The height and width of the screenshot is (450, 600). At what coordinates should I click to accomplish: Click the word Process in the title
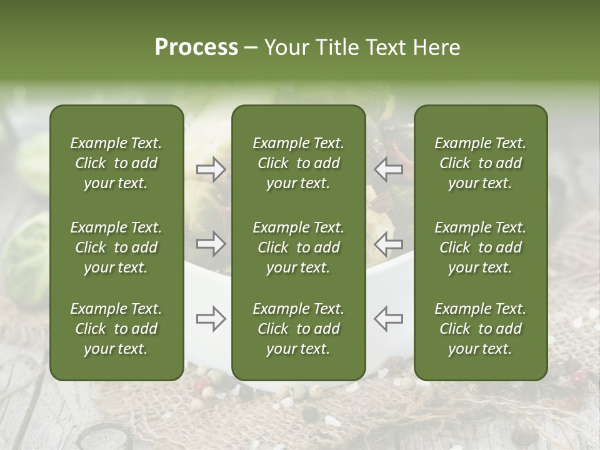pos(196,47)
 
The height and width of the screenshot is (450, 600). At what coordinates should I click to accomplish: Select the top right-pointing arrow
pos(211,169)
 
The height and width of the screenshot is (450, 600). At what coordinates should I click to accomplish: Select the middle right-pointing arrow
pos(211,244)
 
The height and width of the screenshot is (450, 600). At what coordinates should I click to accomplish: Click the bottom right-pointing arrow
pos(211,319)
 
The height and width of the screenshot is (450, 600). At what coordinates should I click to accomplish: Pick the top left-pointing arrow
pos(388,169)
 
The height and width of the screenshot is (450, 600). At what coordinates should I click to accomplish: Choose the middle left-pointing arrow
pos(388,244)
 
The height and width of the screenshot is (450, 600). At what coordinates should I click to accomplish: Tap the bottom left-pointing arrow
pos(388,319)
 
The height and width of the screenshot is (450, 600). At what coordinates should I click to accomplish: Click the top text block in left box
pos(116,163)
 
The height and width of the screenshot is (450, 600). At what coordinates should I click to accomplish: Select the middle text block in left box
pos(116,247)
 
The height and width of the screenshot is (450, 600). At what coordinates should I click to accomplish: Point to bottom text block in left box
pos(116,329)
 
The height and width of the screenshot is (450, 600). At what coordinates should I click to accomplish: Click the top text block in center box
pos(298,163)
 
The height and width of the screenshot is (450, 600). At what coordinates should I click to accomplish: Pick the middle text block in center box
pos(298,247)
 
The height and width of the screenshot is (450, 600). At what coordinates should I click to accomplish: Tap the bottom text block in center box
pos(298,329)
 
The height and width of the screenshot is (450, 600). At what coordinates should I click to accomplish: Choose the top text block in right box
pos(480,163)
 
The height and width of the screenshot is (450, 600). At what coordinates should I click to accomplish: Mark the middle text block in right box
pos(480,247)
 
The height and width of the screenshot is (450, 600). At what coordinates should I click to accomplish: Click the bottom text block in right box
pos(480,329)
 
